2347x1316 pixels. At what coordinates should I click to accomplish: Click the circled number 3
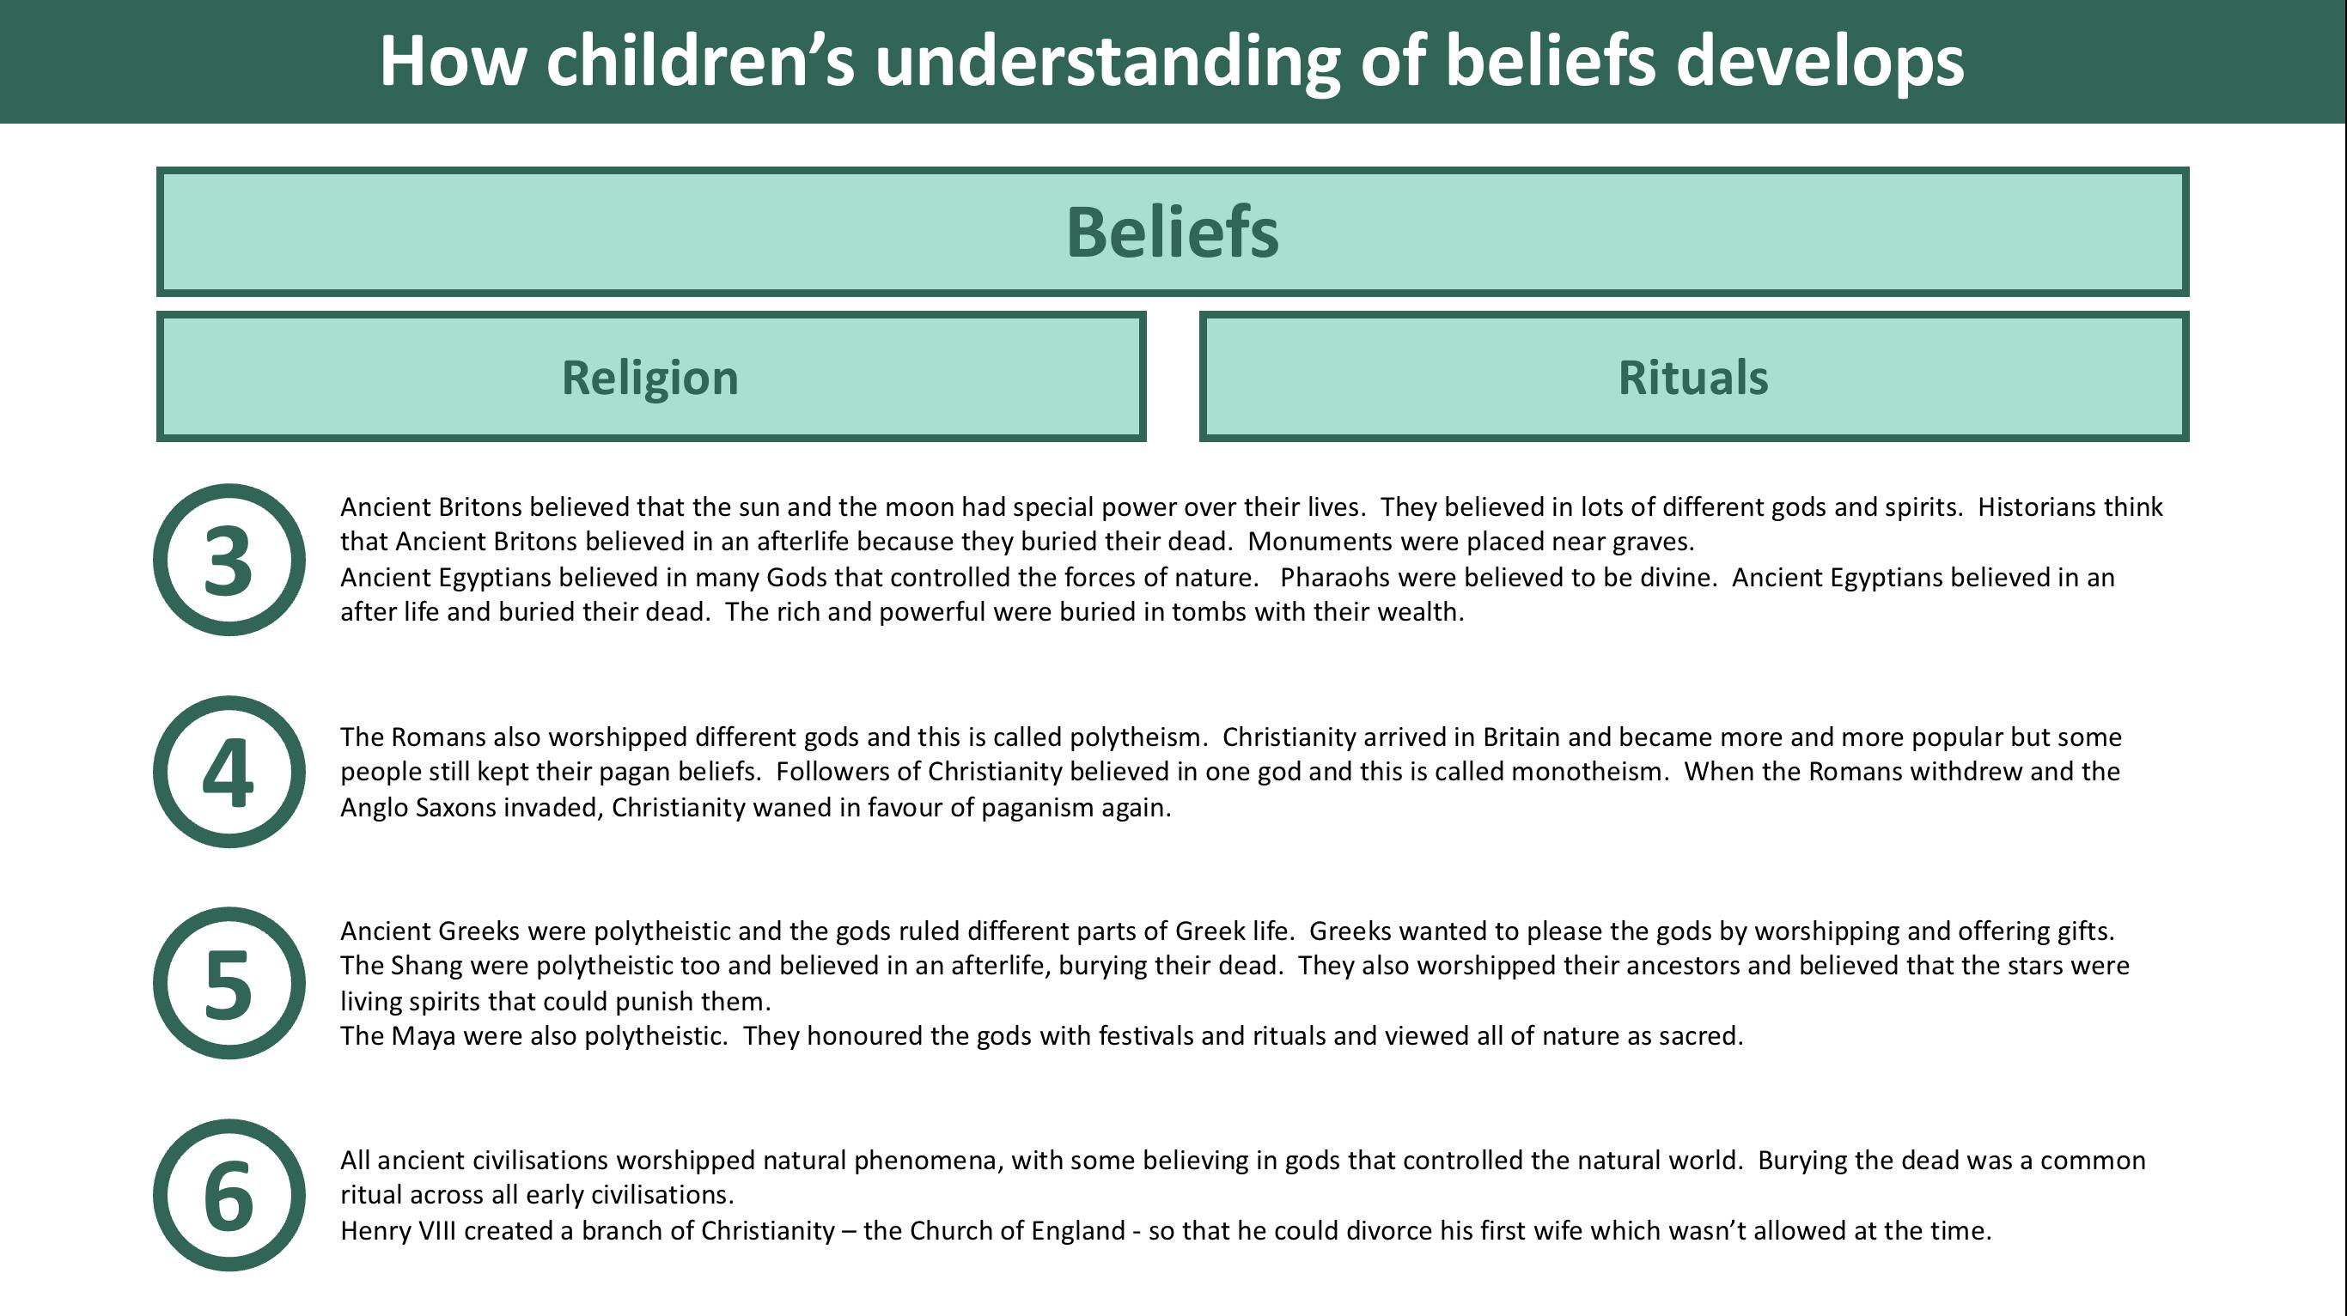[x=229, y=560]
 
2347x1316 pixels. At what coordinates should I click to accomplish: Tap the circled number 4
[x=229, y=773]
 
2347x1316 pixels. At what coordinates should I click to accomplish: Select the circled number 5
[x=229, y=984]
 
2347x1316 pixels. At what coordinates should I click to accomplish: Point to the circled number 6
[x=229, y=1196]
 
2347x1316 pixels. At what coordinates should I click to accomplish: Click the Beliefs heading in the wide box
[x=1173, y=233]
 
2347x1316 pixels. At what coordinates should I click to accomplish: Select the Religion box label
[x=649, y=377]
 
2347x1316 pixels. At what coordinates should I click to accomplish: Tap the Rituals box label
[x=1693, y=377]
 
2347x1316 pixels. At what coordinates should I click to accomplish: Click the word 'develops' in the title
[x=1820, y=62]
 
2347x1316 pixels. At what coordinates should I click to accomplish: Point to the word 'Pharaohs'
[x=1334, y=578]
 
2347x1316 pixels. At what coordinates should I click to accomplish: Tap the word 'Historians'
[x=2041, y=507]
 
